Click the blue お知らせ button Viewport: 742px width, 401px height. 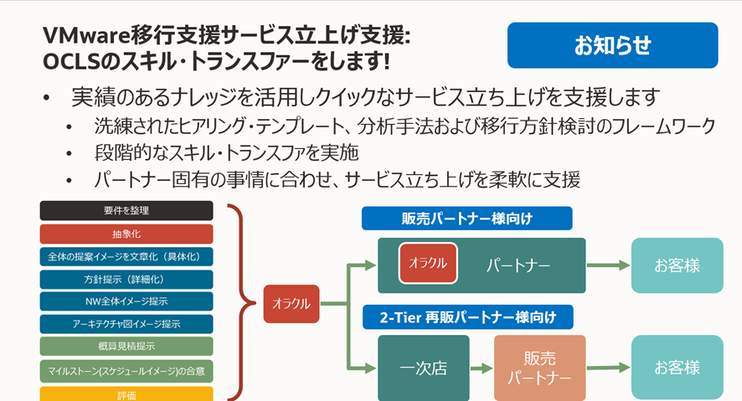pos(612,45)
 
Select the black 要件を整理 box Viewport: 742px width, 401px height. pos(126,210)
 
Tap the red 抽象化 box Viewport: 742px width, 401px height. pos(126,234)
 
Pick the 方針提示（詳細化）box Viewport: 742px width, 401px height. pos(126,279)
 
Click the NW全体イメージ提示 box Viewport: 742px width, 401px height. pos(126,301)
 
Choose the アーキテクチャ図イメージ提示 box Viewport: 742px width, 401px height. pos(126,323)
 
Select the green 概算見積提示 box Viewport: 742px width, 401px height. pos(126,346)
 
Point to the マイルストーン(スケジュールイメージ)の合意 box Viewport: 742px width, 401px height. pos(126,368)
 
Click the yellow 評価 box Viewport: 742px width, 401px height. pos(126,393)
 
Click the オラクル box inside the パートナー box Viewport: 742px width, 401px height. pos(428,263)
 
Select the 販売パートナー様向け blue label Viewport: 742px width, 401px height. pos(466,218)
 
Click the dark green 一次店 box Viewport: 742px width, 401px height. pos(423,368)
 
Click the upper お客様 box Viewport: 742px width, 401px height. pos(677,265)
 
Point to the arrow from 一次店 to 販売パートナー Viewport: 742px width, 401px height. pos(481,368)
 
